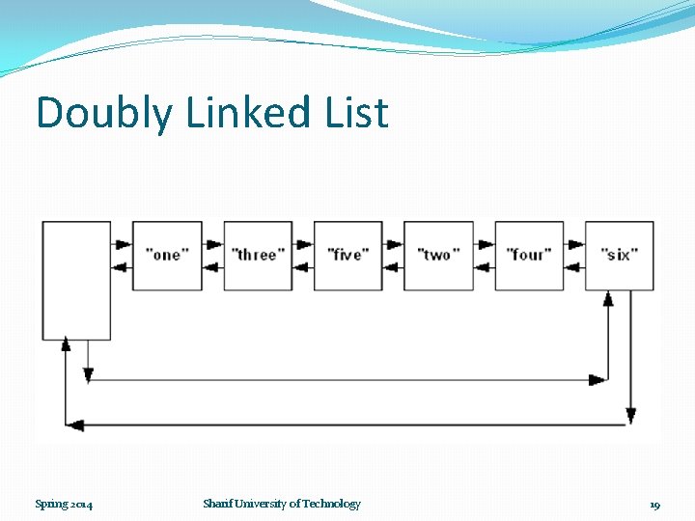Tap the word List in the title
[357, 112]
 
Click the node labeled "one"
[167, 256]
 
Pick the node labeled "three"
[258, 256]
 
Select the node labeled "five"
[347, 256]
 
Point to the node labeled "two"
[438, 256]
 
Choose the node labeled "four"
[529, 256]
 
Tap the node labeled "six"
[620, 256]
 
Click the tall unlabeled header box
[76, 280]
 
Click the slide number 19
[654, 505]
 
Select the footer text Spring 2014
[64, 504]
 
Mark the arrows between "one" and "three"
[212, 256]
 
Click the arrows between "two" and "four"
[484, 256]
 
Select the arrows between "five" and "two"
[393, 256]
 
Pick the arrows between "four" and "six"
[574, 256]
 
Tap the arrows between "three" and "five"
[302, 256]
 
